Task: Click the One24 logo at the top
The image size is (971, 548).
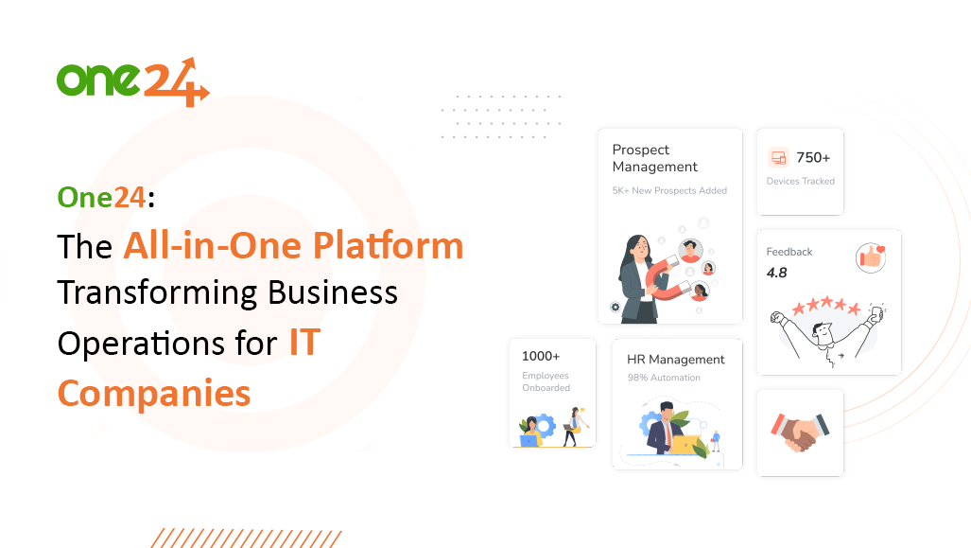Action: click(131, 81)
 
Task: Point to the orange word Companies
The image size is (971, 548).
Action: click(153, 392)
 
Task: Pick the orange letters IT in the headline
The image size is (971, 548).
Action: click(304, 343)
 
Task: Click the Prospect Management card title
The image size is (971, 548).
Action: click(654, 158)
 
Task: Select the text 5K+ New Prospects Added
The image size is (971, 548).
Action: click(669, 190)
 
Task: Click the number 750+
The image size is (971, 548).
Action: click(813, 158)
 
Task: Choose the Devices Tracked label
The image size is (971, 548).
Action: click(800, 181)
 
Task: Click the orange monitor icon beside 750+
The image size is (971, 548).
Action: click(778, 158)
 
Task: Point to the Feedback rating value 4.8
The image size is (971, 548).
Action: click(776, 273)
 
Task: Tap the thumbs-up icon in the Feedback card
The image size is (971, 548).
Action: click(869, 257)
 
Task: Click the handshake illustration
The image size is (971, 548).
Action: click(799, 432)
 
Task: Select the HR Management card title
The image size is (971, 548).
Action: click(675, 360)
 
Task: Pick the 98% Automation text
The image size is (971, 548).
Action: click(664, 378)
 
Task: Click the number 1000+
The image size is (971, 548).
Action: click(541, 357)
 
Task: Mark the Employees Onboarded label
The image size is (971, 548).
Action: click(546, 381)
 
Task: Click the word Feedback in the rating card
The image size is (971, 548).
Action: click(789, 252)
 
